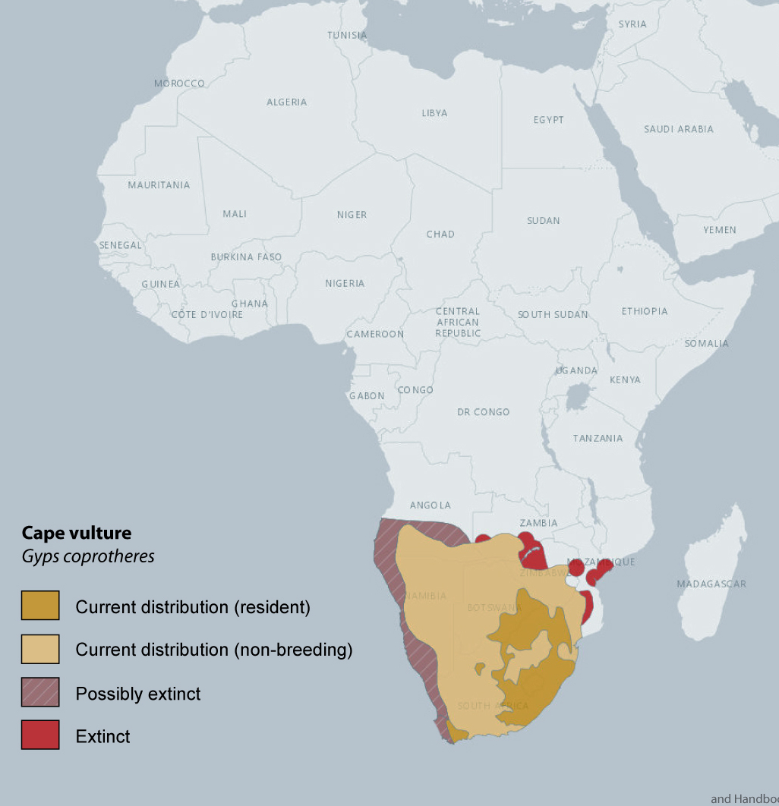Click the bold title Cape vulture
pos(76,533)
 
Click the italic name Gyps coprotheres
pos(87,556)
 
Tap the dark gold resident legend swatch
pos(40,606)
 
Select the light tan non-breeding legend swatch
pos(40,650)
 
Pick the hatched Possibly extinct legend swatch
pos(40,693)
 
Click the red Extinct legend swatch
pos(40,735)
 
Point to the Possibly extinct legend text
pos(138,694)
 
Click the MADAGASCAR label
pos(711,584)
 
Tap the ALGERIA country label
pos(286,102)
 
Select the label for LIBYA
pos(434,113)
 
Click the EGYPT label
pos(548,120)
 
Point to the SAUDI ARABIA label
pos(678,129)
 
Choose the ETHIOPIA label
pos(645,311)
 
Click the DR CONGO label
pos(483,412)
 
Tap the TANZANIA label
pos(598,438)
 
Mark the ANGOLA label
pos(430,505)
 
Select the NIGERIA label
pos(345,283)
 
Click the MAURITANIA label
pos(159,185)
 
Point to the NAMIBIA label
pos(426,596)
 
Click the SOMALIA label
pos(706,343)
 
